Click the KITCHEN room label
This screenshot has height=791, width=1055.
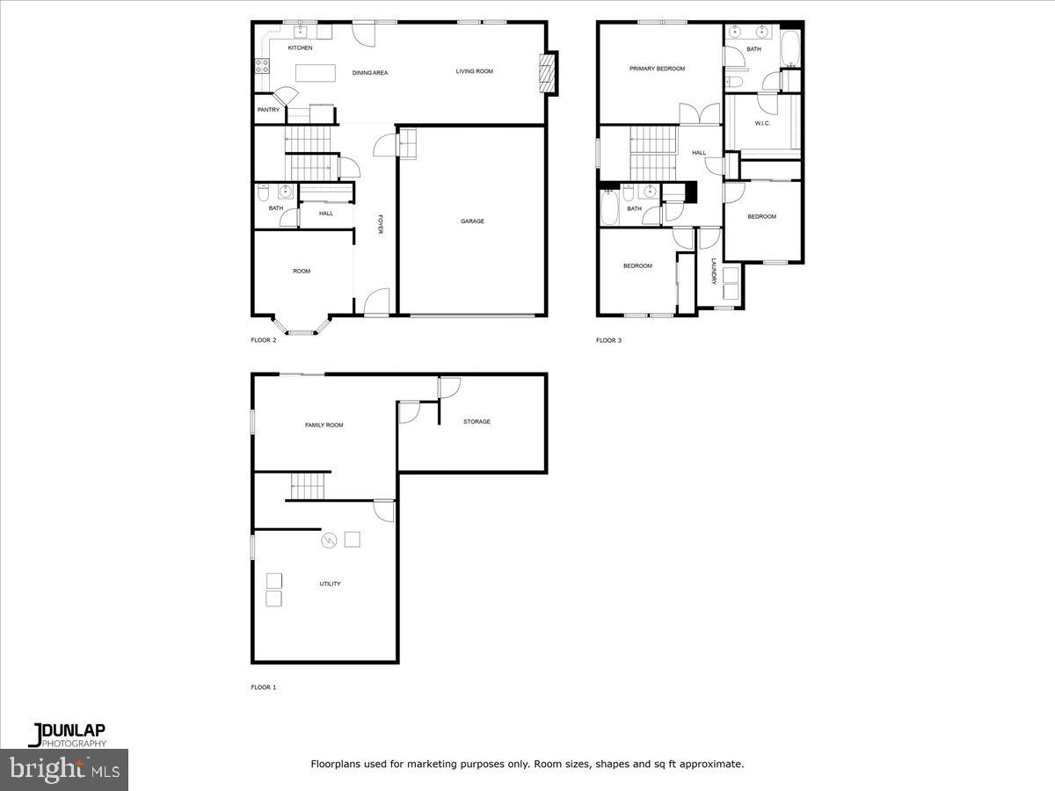[x=300, y=47]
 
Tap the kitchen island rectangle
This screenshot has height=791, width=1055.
[x=317, y=73]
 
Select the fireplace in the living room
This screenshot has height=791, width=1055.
[x=548, y=73]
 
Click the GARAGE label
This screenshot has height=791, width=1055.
[x=472, y=221]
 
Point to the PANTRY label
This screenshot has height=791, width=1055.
[x=268, y=110]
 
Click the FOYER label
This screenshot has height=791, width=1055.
[x=381, y=225]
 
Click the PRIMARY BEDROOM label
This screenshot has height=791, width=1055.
[x=657, y=69]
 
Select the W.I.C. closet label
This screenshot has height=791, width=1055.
[x=762, y=123]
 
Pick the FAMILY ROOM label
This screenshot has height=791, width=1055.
[x=324, y=425]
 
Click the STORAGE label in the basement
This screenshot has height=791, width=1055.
[x=477, y=422]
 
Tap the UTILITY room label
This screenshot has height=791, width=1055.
[x=330, y=584]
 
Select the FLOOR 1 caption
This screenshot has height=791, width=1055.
[x=264, y=687]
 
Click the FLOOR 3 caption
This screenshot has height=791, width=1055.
[x=608, y=340]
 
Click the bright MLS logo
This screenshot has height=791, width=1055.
[x=63, y=769]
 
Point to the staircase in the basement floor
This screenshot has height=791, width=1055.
[x=309, y=484]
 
